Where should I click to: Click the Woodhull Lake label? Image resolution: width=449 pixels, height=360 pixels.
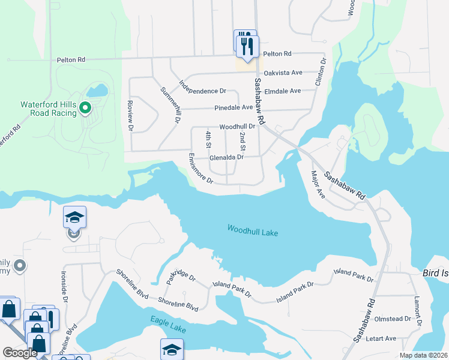253,230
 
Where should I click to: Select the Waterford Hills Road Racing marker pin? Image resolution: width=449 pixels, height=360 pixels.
85,109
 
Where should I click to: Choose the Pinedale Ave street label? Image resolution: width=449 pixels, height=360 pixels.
234,107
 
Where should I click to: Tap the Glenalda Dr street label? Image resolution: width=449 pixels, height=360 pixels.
226,157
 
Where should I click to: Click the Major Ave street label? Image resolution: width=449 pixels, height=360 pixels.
317,186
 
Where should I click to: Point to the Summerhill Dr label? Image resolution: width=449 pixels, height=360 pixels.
170,105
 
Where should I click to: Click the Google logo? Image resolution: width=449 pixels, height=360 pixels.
20,353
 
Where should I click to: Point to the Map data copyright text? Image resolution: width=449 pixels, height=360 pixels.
423,355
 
